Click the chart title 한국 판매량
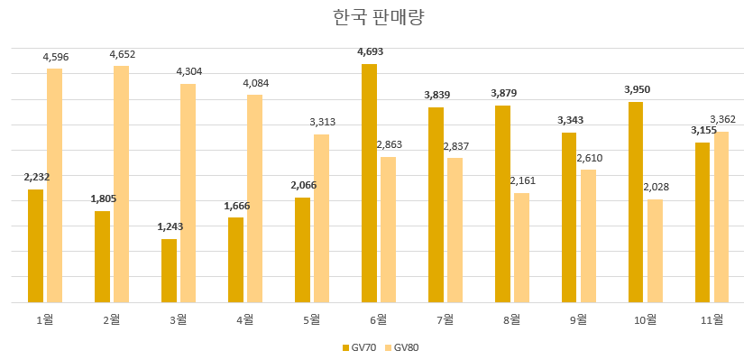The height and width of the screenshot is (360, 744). click(x=372, y=18)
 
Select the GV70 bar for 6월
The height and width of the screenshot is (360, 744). click(x=369, y=183)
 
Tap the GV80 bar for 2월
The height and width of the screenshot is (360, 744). click(x=121, y=184)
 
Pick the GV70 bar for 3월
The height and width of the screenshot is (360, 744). click(x=169, y=271)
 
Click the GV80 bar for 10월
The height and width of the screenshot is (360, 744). click(x=655, y=251)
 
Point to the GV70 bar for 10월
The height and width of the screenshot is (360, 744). click(x=636, y=202)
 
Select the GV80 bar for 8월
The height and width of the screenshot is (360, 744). click(x=521, y=247)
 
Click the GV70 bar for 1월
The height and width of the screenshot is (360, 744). click(x=35, y=245)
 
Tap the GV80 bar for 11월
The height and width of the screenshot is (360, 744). click(x=721, y=217)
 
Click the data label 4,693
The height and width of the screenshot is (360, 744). click(x=370, y=52)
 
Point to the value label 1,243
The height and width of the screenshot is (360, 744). click(x=169, y=226)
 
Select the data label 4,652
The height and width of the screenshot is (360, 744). click(x=122, y=55)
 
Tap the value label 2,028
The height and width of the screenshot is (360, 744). click(x=656, y=187)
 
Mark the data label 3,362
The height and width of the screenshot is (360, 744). click(x=723, y=119)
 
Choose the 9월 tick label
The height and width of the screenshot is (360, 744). click(x=578, y=318)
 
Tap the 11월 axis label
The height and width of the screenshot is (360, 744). click(x=712, y=318)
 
